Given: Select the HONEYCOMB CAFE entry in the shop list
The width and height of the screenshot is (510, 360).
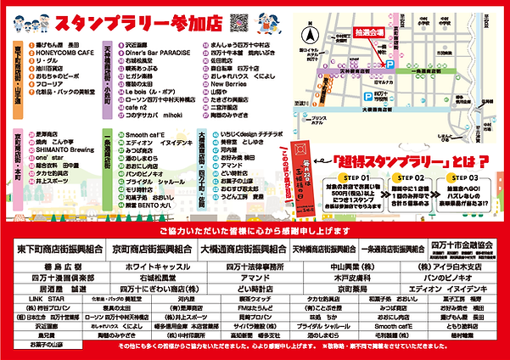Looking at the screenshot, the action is click(60, 53).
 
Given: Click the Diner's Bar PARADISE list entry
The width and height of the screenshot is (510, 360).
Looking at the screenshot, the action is click(153, 53).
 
